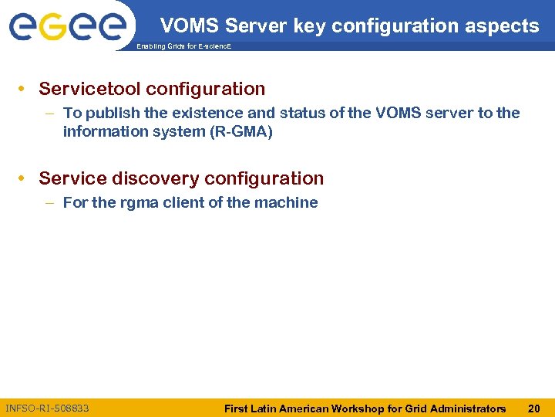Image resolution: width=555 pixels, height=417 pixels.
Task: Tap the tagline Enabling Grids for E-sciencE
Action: (183, 47)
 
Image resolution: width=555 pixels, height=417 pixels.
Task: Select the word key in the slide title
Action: (308, 26)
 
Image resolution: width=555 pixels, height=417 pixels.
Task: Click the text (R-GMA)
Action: (240, 131)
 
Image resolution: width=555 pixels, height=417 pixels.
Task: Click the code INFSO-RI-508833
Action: (47, 408)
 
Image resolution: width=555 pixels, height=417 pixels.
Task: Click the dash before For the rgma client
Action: (49, 202)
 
